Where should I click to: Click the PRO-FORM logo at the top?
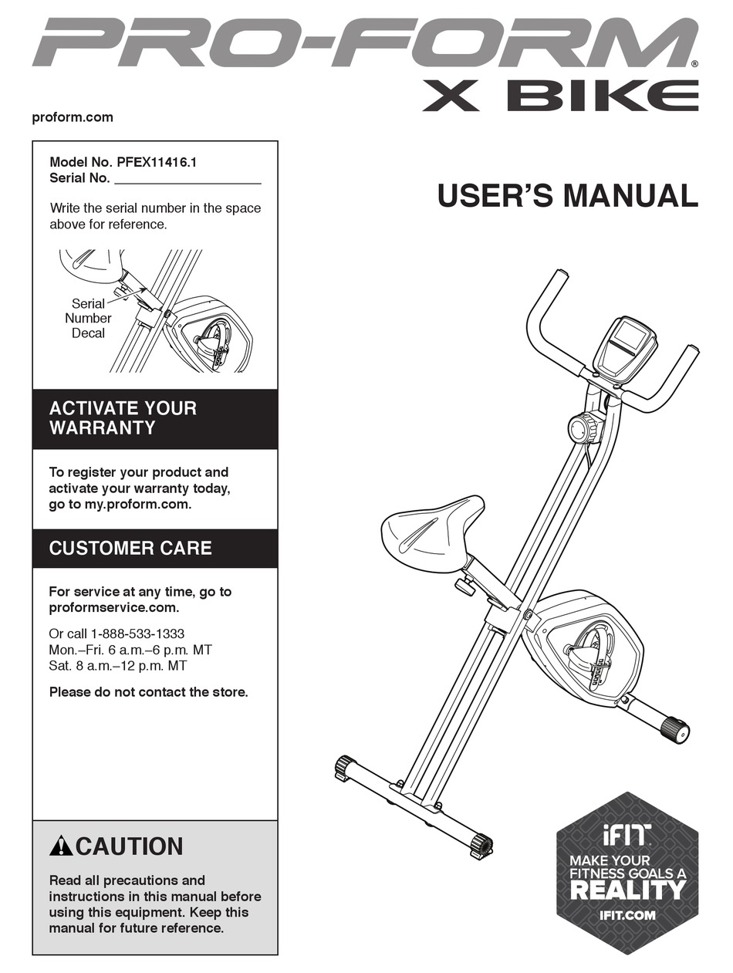click(364, 42)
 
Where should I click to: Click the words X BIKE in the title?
click(560, 96)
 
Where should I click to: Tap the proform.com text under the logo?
click(73, 117)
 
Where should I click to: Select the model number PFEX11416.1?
click(157, 162)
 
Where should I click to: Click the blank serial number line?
click(188, 183)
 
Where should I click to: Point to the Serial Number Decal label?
click(88, 318)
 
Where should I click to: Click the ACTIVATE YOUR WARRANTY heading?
click(123, 418)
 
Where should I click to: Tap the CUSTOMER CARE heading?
click(130, 549)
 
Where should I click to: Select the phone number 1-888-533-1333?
click(138, 633)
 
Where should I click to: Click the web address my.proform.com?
click(138, 505)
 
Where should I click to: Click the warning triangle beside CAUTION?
click(61, 846)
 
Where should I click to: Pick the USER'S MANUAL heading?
click(568, 195)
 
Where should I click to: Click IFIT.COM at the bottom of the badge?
click(627, 915)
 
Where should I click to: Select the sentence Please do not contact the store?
click(148, 692)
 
